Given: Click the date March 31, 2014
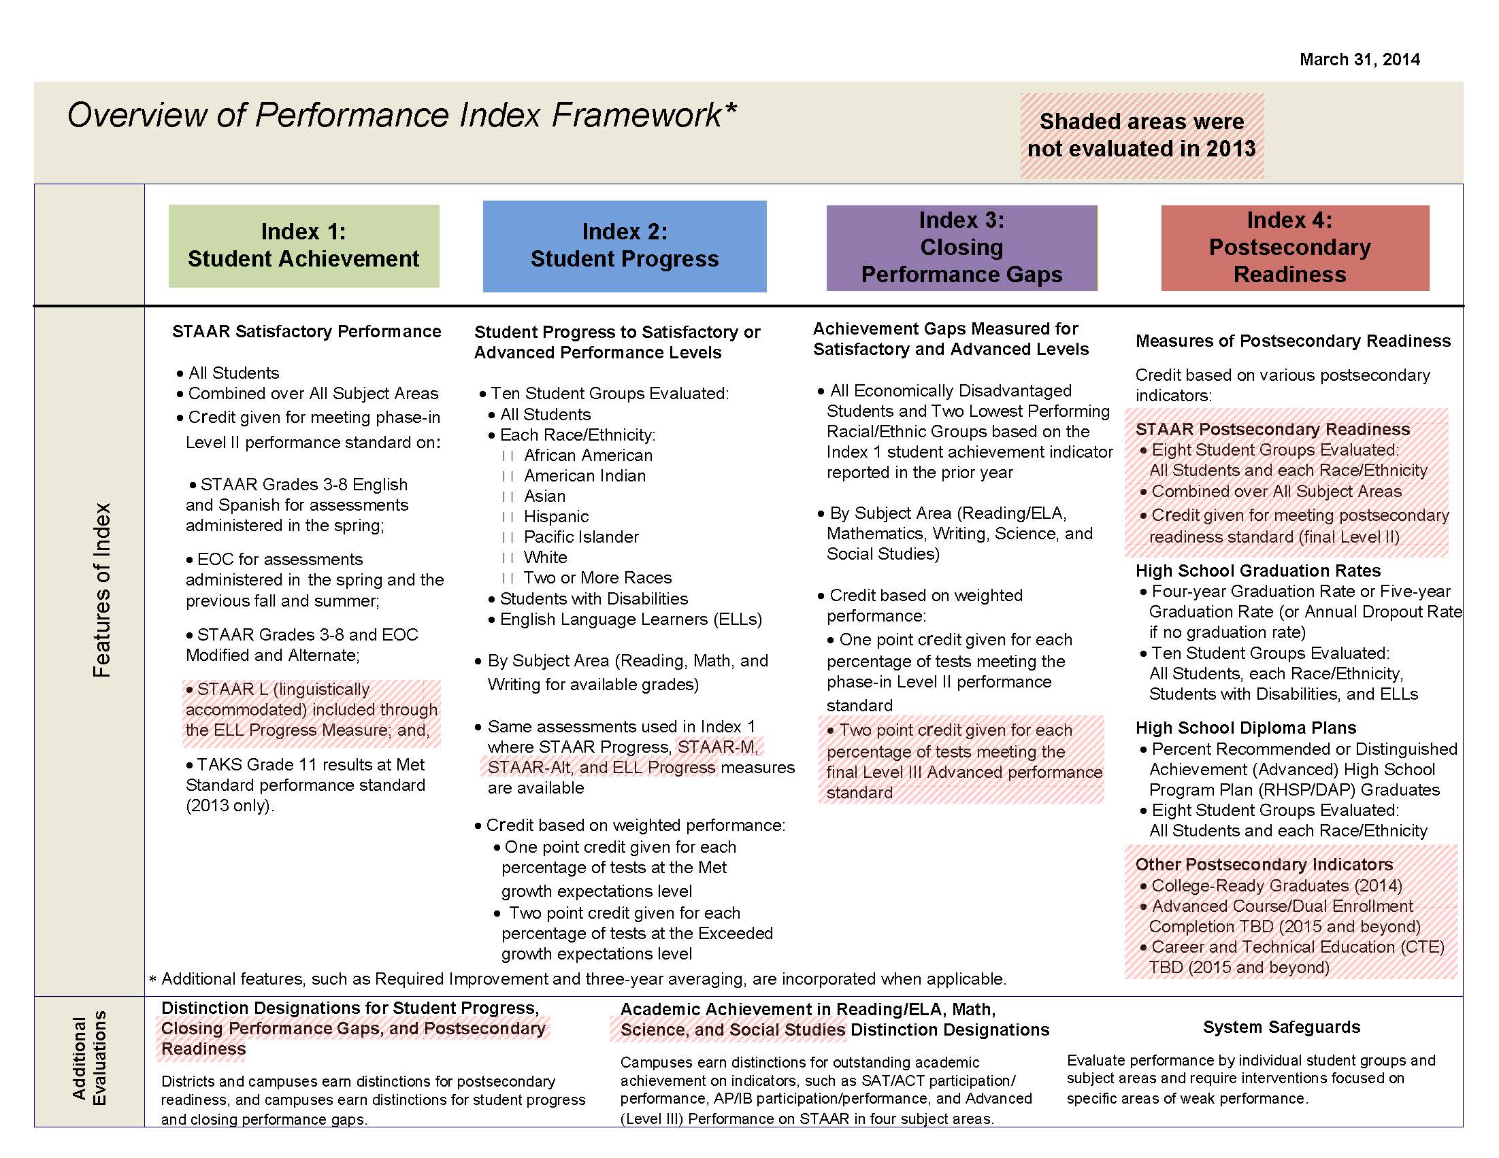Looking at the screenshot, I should coord(1359,60).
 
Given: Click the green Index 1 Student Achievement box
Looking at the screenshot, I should coord(303,245).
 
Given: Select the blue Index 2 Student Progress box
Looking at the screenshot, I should coord(624,245).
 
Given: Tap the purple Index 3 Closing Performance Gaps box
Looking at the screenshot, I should coord(961,248).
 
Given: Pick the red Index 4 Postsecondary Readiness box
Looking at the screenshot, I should coord(1294,248).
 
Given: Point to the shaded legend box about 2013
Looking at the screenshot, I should coord(1140,135).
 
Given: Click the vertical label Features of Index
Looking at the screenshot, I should coord(101,590).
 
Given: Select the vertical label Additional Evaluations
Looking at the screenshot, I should coord(90,1060).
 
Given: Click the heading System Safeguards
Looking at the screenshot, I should coord(1281,1027).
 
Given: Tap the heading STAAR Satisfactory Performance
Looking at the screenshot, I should coord(306,332).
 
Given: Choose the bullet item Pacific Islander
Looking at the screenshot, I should coord(580,537).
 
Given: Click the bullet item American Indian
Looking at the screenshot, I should coord(584,476).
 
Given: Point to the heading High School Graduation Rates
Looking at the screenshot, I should coord(1257,571).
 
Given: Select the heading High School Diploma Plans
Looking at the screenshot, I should coord(1245,728).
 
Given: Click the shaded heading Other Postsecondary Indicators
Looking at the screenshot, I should coord(1264,864).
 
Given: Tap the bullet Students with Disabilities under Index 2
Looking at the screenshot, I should coord(593,599).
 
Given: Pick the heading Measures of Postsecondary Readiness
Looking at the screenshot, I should coord(1292,341).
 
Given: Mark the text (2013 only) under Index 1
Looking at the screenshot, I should coord(229,806).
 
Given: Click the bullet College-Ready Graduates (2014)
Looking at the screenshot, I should coord(1276,885).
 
